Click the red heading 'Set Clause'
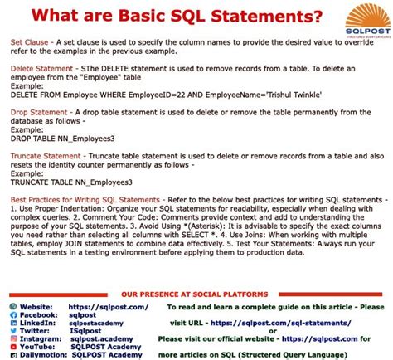(29, 41)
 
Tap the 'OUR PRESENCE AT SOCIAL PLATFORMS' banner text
(196, 294)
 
